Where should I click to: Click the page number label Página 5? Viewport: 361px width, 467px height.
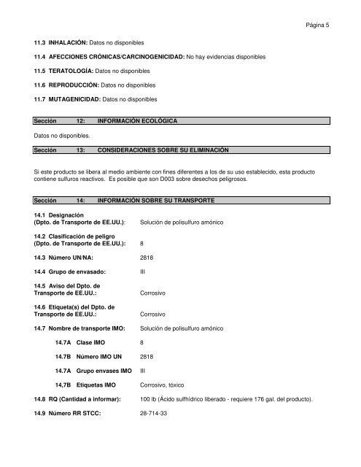click(x=318, y=24)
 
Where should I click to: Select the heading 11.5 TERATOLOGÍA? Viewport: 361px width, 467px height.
click(x=66, y=72)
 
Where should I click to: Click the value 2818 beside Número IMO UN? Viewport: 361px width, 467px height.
click(x=146, y=356)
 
